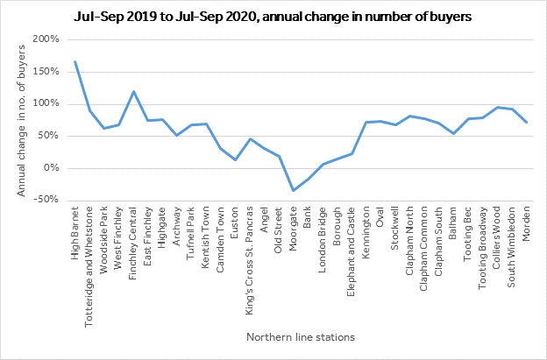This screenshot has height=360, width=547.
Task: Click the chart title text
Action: tap(273, 17)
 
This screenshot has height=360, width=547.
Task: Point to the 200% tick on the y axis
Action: tap(46, 39)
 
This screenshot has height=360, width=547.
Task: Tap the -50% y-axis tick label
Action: tap(46, 200)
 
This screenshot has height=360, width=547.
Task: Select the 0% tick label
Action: tap(51, 168)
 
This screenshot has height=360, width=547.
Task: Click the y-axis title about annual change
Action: tap(21, 121)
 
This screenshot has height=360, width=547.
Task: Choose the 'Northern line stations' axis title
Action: tap(301, 337)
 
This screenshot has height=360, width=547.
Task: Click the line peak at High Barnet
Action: tap(75, 61)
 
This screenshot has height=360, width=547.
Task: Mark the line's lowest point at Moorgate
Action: tap(294, 190)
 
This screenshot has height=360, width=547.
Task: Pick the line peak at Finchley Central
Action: tap(133, 92)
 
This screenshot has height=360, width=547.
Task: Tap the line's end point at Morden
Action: tap(527, 123)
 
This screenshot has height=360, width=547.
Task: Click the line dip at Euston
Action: tap(235, 159)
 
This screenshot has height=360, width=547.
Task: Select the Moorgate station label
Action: tap(293, 229)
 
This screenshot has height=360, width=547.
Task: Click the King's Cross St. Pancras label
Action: tap(249, 261)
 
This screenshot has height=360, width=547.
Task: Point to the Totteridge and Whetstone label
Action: tap(89, 267)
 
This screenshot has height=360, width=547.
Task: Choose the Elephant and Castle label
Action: tap(351, 251)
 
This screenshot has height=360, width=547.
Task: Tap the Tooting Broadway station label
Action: tap(482, 248)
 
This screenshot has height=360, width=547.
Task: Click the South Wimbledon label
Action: tap(511, 247)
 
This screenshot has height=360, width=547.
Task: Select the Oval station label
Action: tap(380, 216)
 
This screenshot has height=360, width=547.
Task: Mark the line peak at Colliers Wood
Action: tap(497, 108)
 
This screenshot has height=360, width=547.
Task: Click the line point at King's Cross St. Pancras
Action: tap(250, 139)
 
